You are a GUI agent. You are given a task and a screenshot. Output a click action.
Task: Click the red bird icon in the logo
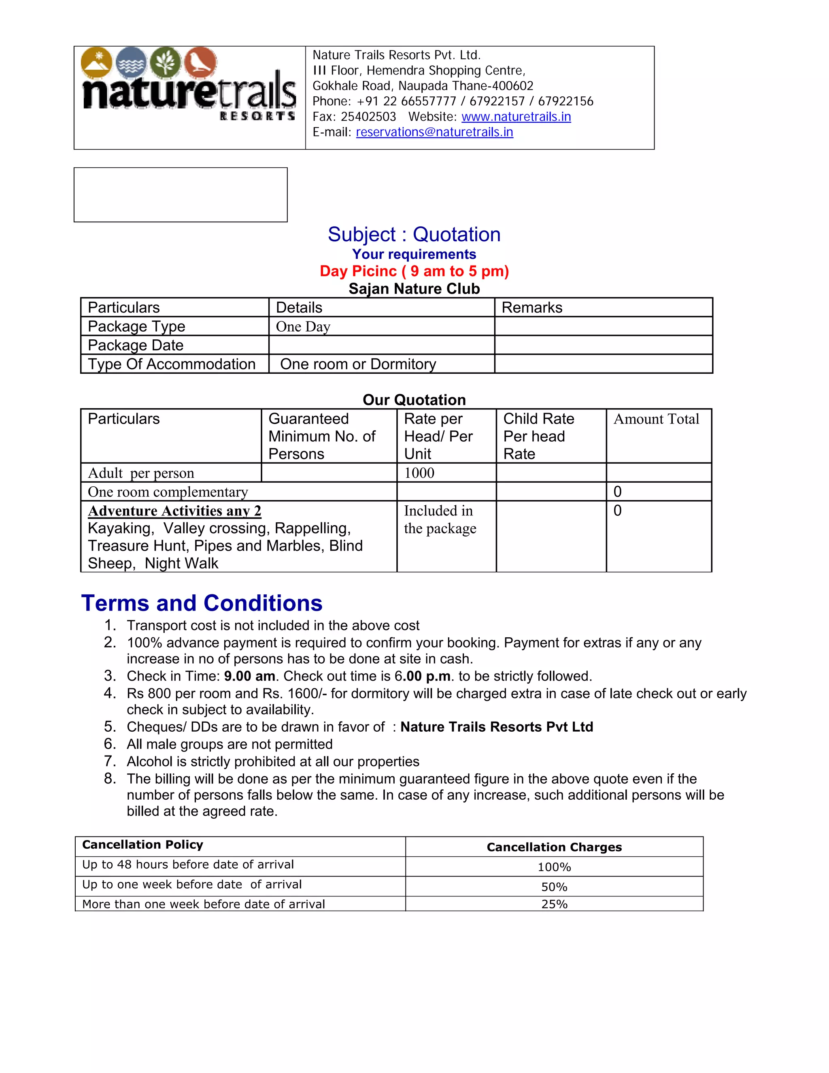click(200, 62)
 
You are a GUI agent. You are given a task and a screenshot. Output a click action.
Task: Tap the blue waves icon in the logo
click(132, 62)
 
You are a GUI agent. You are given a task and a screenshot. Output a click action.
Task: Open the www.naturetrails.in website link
click(516, 117)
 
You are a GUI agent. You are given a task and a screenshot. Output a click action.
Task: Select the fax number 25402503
click(368, 117)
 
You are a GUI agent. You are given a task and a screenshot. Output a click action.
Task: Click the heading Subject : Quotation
click(414, 234)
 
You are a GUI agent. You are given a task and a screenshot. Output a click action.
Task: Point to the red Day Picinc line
click(414, 271)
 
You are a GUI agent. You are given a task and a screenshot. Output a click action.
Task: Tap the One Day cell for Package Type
click(303, 327)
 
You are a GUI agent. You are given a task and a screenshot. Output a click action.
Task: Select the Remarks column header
click(532, 308)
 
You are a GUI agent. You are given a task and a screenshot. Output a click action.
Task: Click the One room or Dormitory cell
click(358, 364)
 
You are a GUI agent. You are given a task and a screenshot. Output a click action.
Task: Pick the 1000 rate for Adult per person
click(419, 473)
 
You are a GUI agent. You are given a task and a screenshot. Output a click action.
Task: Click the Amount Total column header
click(656, 419)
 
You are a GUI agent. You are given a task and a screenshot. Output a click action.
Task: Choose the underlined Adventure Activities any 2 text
click(174, 511)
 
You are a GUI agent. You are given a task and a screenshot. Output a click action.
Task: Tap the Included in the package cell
click(440, 520)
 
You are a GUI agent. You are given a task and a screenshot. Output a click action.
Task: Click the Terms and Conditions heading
click(202, 603)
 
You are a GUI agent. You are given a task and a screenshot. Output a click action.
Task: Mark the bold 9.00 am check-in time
click(249, 676)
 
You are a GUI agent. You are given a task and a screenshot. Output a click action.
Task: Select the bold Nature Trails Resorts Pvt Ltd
click(497, 727)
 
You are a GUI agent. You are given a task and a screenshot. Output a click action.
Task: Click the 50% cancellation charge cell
click(554, 887)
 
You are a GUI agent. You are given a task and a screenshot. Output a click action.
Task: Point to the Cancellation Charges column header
click(554, 847)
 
